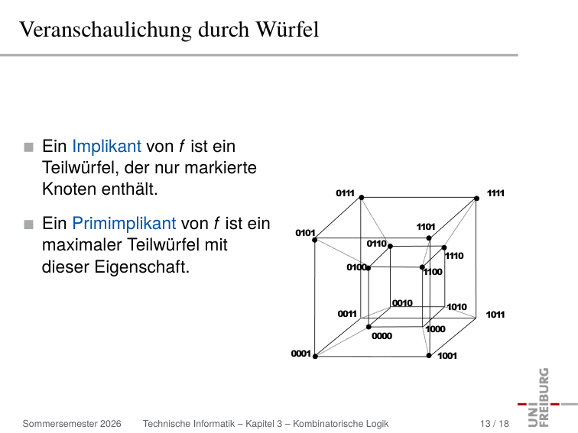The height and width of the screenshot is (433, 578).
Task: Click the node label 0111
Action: click(345, 193)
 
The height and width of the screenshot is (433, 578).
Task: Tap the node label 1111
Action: click(495, 193)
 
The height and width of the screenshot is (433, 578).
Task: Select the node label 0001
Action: click(300, 354)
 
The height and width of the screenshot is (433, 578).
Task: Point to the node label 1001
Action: click(447, 356)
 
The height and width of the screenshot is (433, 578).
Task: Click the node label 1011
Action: click(495, 315)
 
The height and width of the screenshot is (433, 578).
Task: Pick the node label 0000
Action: click(382, 336)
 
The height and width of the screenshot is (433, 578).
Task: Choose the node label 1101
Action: click(426, 227)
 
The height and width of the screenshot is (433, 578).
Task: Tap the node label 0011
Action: click(347, 314)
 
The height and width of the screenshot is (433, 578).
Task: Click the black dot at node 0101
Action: click(315, 240)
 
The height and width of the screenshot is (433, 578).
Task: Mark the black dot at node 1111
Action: click(476, 199)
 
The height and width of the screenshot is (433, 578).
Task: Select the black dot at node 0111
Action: click(362, 198)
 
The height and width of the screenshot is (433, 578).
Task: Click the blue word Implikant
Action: click(106, 147)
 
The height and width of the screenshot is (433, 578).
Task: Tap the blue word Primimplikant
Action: click(124, 224)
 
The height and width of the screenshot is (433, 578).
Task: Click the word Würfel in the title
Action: click(287, 30)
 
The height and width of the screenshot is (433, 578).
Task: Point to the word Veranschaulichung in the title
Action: click(106, 30)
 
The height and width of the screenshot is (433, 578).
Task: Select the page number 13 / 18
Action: click(495, 424)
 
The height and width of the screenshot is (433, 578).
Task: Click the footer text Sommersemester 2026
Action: click(72, 424)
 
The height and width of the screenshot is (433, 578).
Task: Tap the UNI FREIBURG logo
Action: click(544, 397)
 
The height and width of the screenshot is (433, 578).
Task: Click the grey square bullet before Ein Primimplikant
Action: click(28, 225)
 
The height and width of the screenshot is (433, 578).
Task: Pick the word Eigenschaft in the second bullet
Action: click(142, 267)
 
